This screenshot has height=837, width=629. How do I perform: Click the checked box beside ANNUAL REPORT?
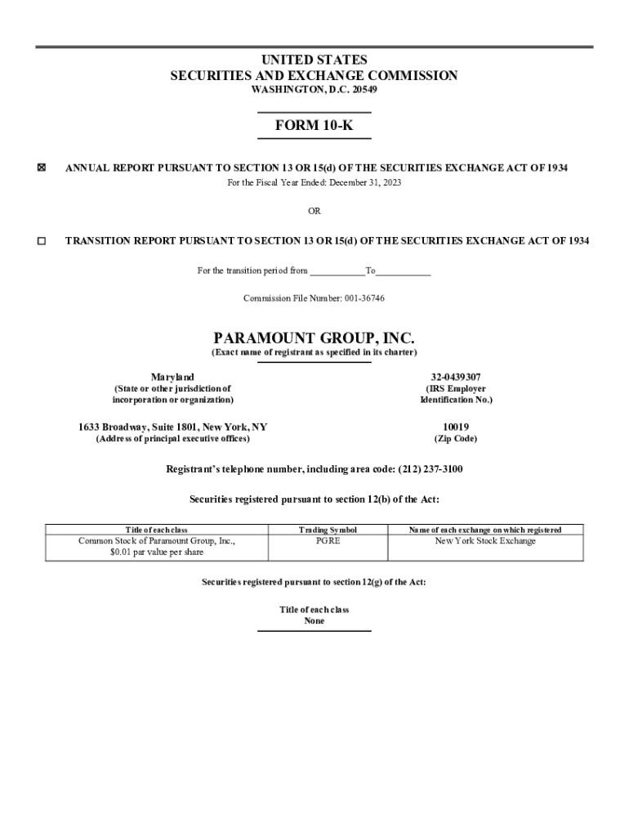[42, 168]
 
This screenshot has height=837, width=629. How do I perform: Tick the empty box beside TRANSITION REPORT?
[42, 241]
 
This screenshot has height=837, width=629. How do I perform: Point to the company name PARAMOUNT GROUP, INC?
[314, 338]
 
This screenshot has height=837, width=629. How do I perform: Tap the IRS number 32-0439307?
[456, 377]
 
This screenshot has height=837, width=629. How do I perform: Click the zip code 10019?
[456, 427]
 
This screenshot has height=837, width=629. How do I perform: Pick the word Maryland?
[172, 377]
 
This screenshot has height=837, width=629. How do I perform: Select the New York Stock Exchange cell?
[485, 541]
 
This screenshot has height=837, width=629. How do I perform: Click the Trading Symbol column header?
[328, 530]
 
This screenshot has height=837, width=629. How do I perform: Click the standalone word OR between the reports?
[314, 211]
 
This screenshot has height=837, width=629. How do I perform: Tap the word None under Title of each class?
[314, 621]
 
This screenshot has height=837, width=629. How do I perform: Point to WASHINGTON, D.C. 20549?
[314, 89]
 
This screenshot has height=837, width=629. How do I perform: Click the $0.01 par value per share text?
[156, 553]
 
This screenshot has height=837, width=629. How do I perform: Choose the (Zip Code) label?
[456, 439]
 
